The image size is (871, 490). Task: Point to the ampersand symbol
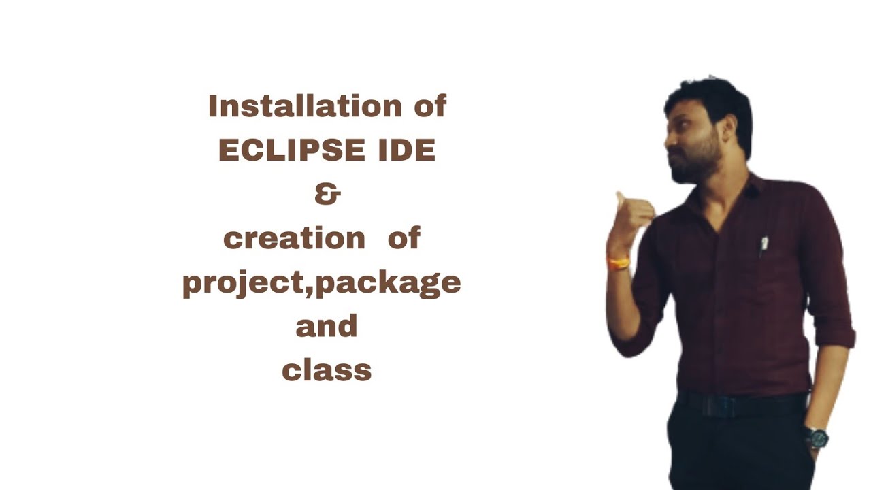(327, 195)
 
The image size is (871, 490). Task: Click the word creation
(294, 238)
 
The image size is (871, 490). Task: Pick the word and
(327, 327)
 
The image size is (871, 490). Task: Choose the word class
(327, 371)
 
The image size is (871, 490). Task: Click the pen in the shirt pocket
(764, 245)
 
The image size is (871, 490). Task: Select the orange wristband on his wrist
(619, 262)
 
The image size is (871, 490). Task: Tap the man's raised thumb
(621, 198)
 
